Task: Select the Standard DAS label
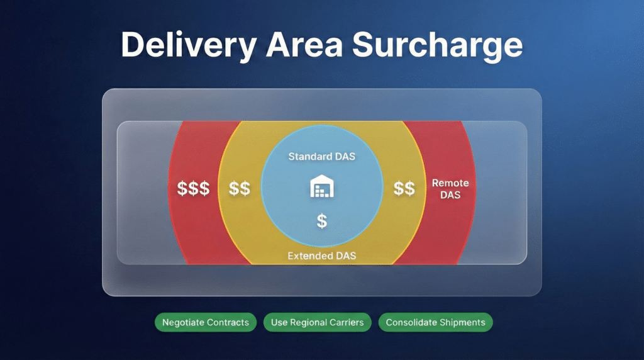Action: [x=321, y=155]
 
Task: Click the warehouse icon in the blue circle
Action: [x=321, y=187]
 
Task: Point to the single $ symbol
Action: [x=321, y=221]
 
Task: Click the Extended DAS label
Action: [x=321, y=256]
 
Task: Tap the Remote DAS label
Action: [x=450, y=189]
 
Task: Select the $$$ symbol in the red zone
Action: [x=193, y=188]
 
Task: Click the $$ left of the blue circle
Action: [x=240, y=188]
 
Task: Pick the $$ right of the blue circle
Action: [x=404, y=188]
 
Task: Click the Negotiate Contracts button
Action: [x=206, y=322]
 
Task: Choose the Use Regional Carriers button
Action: [x=318, y=322]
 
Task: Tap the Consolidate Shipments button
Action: [x=435, y=322]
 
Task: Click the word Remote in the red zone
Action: [x=450, y=183]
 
